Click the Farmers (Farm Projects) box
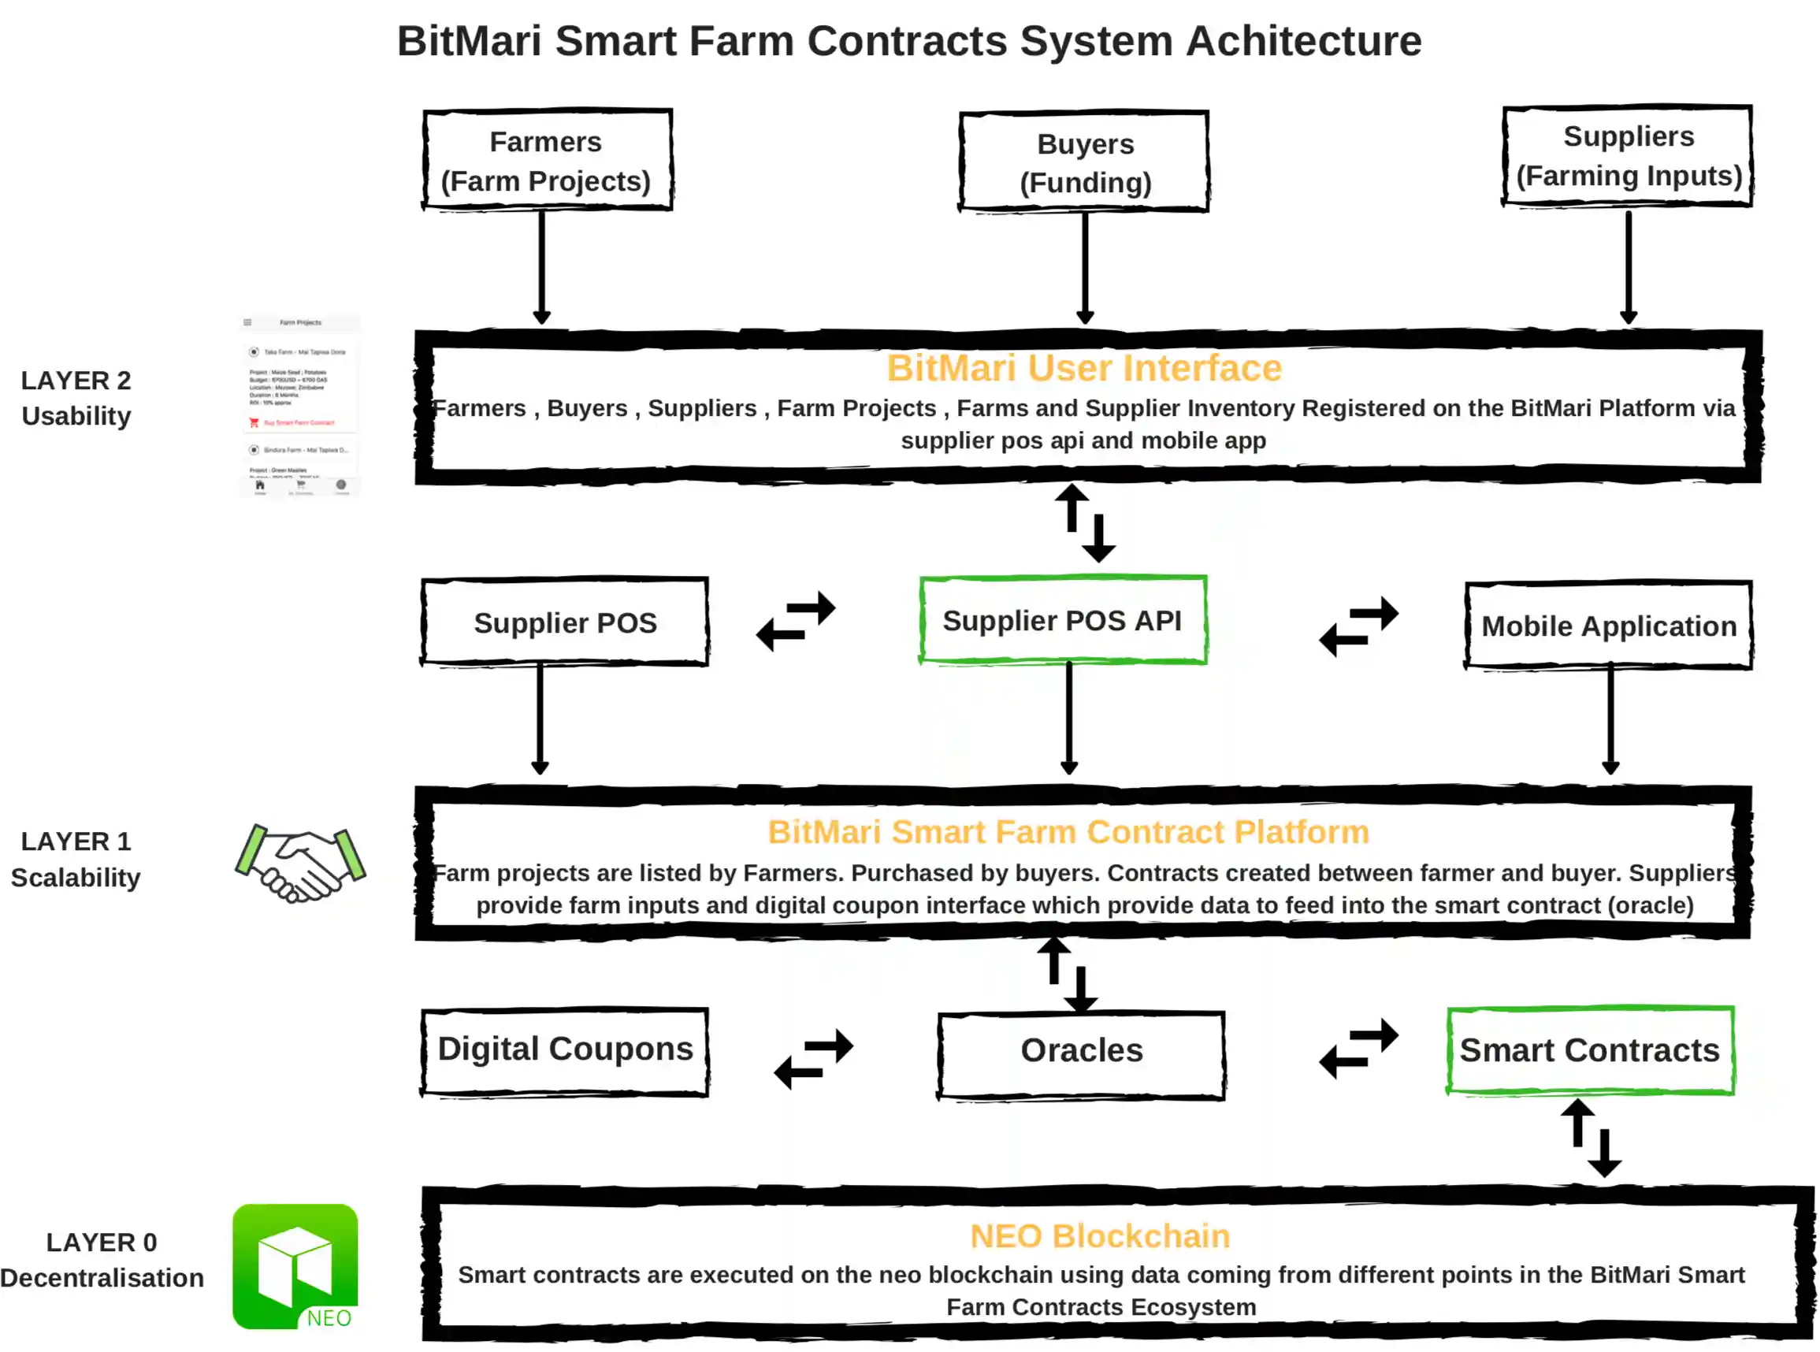547,161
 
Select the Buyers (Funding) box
1083,162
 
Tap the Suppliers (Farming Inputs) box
1627,155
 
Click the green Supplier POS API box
1062,619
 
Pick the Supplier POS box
565,622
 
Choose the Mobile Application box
1608,626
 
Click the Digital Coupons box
565,1050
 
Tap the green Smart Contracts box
1589,1050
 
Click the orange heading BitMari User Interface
1083,368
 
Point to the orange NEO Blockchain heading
1099,1235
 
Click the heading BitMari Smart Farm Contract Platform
1068,831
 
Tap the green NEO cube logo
295,1265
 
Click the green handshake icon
300,864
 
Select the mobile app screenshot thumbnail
299,406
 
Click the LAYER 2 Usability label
76,398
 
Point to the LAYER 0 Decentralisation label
102,1260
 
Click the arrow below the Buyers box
1085,267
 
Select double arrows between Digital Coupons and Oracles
813,1057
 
